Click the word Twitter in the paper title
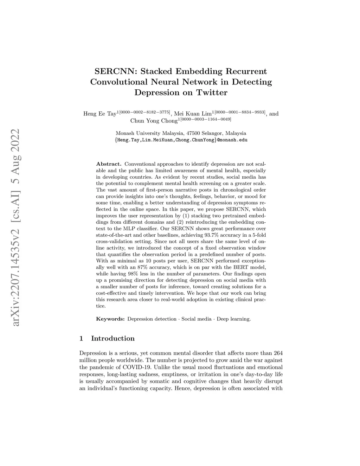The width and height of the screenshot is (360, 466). click(212, 93)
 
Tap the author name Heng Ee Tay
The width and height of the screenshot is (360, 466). click(99, 114)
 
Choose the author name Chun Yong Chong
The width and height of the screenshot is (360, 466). click(154, 121)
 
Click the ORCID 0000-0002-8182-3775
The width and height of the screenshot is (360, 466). click(145, 112)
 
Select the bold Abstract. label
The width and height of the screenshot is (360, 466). click(109, 164)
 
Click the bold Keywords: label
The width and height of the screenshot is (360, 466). click(110, 319)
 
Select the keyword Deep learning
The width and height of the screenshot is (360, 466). click(234, 319)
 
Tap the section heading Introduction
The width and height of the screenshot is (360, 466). click(113, 339)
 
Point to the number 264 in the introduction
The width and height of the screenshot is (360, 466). click(278, 353)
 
